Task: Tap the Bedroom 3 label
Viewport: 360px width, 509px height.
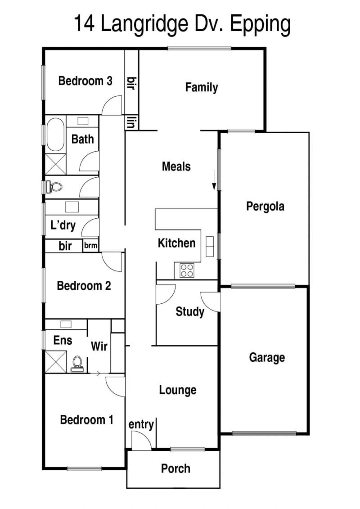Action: pos(85,81)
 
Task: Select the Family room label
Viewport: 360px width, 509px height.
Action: pos(201,87)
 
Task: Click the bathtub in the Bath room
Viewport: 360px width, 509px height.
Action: pos(55,135)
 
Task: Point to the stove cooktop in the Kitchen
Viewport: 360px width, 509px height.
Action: pos(187,271)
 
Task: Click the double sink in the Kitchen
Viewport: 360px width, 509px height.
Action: pos(210,247)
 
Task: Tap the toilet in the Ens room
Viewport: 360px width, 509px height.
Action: pos(77,364)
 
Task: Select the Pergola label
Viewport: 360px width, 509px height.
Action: pos(265,207)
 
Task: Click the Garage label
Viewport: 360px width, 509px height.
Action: pos(267,357)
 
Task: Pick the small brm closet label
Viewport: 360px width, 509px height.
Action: pos(90,245)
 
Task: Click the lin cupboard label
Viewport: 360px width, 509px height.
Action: pos(131,123)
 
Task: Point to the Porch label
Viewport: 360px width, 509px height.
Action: pos(175,468)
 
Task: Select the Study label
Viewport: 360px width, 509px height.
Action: pos(190,311)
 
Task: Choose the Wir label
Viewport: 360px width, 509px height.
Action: pos(99,346)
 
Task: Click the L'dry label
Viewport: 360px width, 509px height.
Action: pos(63,225)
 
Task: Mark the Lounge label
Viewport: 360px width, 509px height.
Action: pos(178,390)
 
